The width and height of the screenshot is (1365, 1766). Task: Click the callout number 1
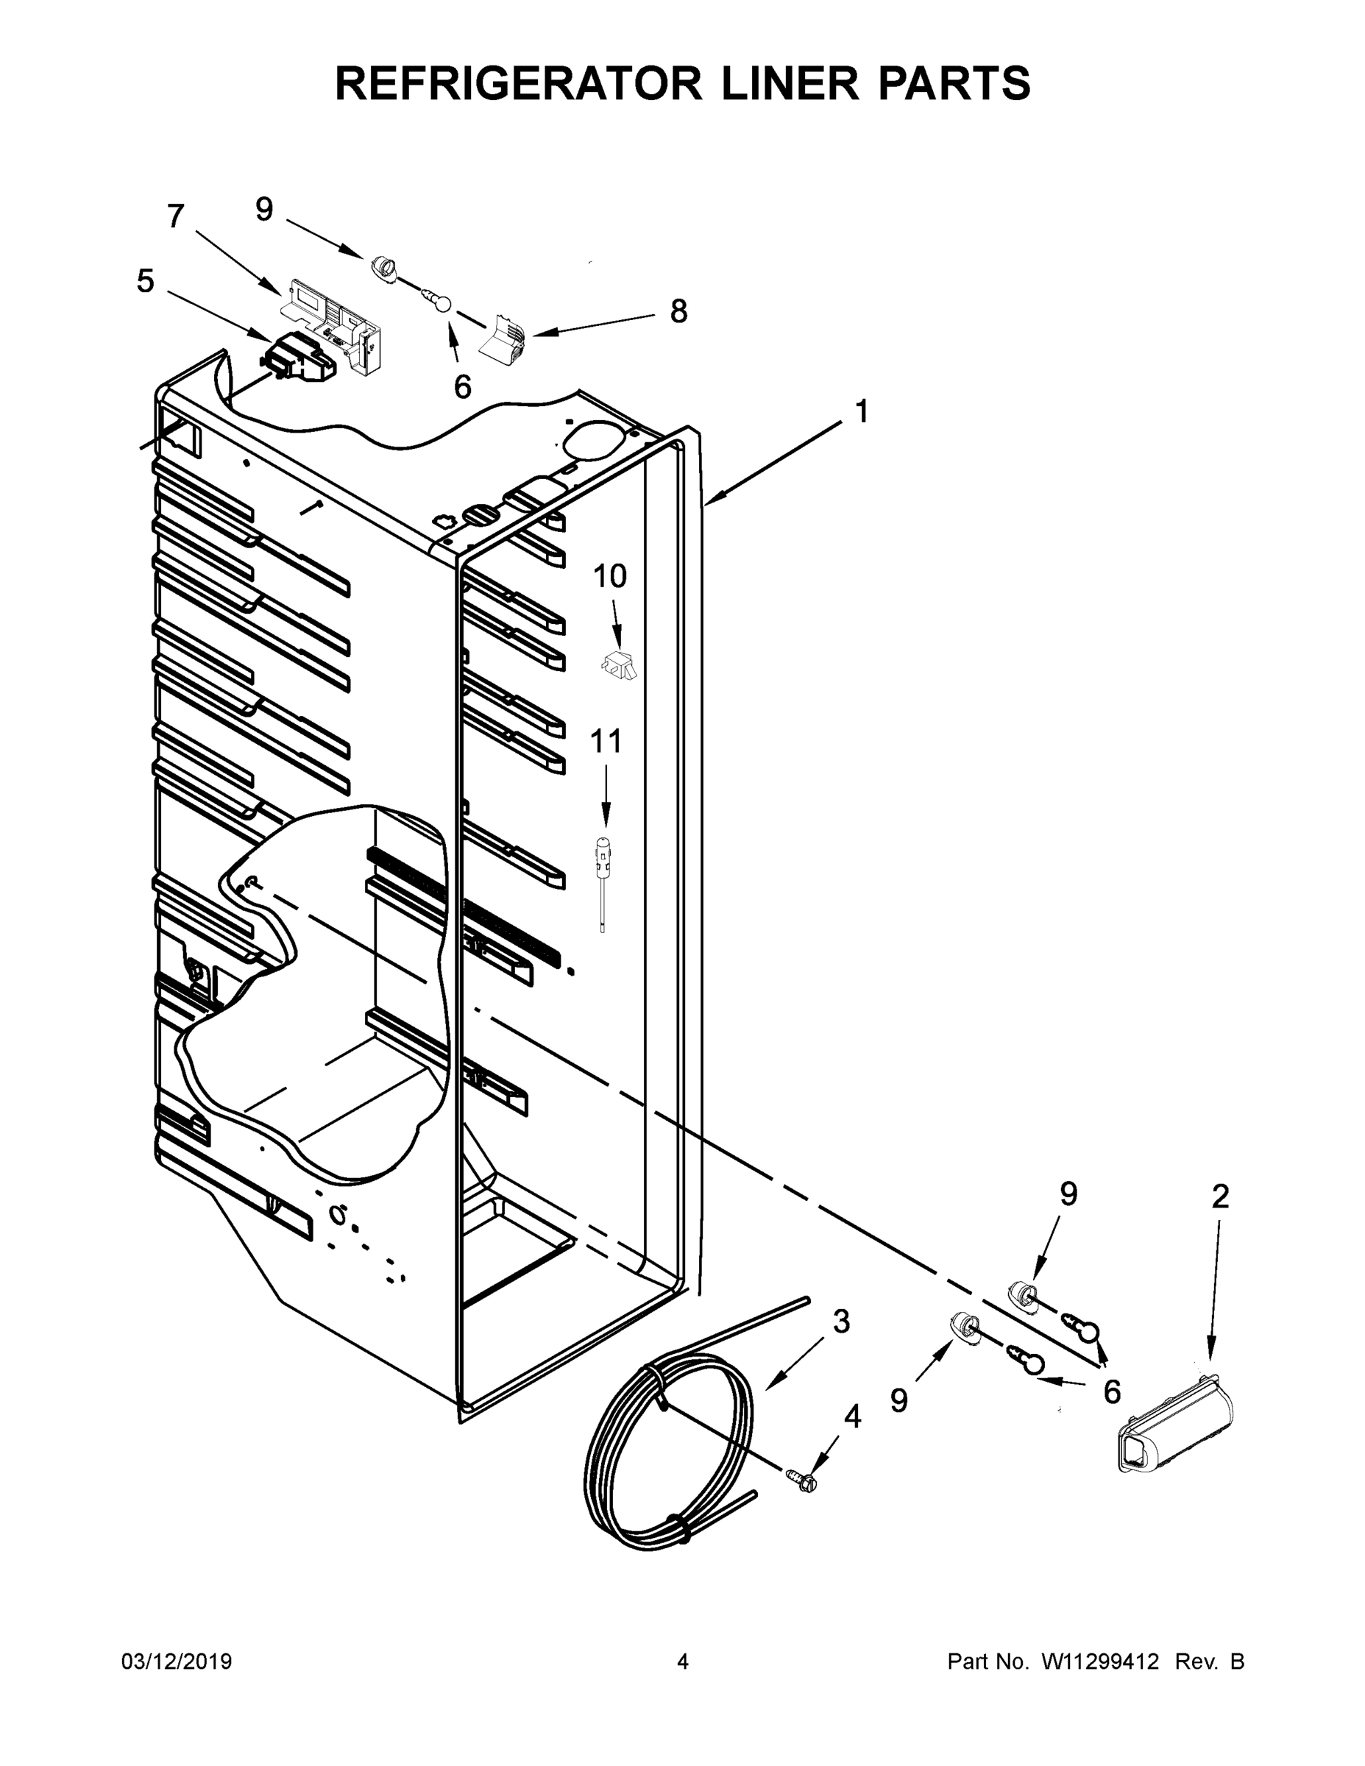coord(862,411)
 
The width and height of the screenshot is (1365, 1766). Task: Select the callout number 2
coord(1220,1196)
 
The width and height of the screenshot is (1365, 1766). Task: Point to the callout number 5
coord(145,281)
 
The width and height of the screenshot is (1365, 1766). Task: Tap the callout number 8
coord(678,311)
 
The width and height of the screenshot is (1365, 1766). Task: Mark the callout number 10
coord(610,577)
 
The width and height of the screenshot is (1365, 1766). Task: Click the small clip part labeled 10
coord(619,664)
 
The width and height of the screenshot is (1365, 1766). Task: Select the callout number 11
coord(606,741)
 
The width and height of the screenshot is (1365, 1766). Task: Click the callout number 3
coord(841,1322)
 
